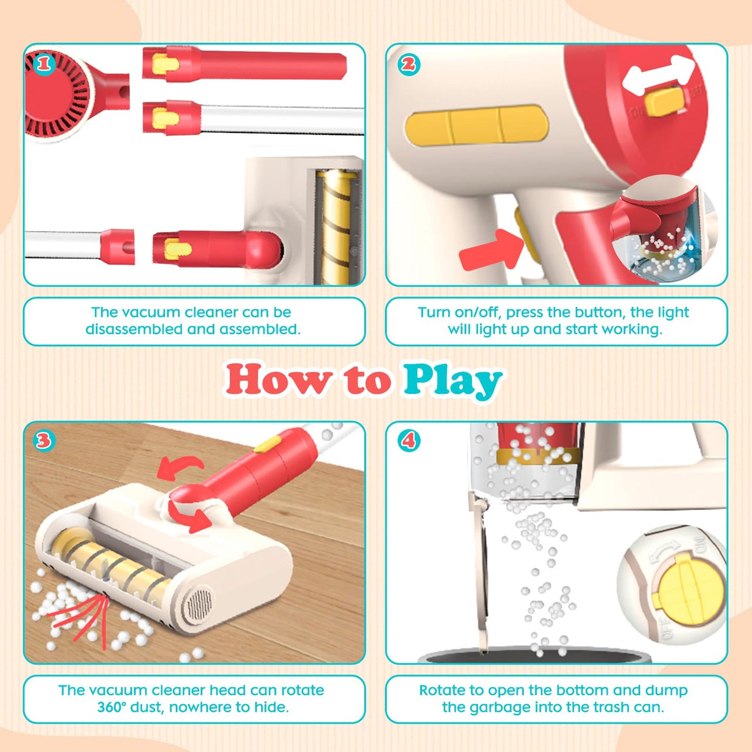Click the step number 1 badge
pyautogui.click(x=44, y=64)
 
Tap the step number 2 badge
pyautogui.click(x=409, y=64)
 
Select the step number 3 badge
pyautogui.click(x=44, y=441)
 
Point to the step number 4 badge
pyautogui.click(x=409, y=441)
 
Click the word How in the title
pyautogui.click(x=279, y=378)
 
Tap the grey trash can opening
pyautogui.click(x=534, y=659)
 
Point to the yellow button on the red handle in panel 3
pyautogui.click(x=266, y=444)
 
